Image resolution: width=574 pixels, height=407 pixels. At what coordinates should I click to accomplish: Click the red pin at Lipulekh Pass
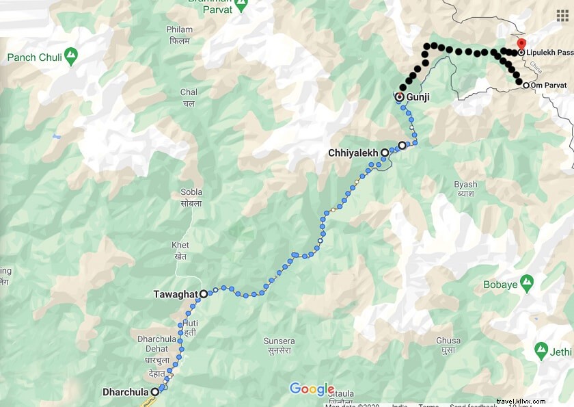pos(521,46)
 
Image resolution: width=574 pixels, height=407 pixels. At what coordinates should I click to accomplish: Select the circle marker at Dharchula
pos(155,392)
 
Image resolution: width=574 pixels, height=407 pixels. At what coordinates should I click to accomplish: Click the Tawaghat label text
pos(175,294)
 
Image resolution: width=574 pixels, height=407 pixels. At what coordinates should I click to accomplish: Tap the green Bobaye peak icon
pos(526,281)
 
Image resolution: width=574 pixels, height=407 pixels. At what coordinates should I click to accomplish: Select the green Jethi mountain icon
pos(541,351)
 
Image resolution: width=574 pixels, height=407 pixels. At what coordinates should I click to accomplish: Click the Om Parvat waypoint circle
pos(525,86)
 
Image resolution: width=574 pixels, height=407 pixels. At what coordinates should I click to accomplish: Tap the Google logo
pos(312,389)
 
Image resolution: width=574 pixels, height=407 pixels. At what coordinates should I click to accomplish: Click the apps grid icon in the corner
pos(562,14)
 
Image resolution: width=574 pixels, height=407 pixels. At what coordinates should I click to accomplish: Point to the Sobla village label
pos(191,198)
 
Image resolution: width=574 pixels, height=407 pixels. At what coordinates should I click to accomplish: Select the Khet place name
pos(180,250)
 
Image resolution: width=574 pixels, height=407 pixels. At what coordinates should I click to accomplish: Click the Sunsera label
pos(279,345)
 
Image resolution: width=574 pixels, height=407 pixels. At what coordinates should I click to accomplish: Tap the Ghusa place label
pos(448,345)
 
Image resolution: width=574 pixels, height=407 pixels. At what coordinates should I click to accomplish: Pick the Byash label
pos(465,189)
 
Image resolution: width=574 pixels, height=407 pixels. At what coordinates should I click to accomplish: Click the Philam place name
pos(179,34)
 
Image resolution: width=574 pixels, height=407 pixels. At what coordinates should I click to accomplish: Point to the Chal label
pos(189,97)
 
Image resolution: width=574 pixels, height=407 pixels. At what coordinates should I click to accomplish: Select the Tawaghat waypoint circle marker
pos(204,293)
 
